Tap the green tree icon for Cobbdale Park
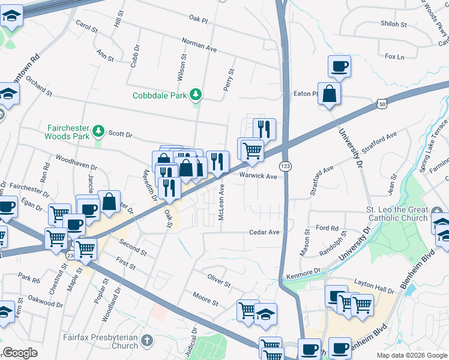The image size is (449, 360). click(195, 94)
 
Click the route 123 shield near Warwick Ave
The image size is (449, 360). click(286, 165)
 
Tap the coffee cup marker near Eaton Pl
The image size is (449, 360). click(339, 67)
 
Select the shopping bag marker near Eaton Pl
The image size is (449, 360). click(329, 94)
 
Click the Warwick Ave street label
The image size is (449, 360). click(258, 176)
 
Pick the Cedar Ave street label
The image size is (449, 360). click(265, 232)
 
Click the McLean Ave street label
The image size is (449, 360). click(221, 202)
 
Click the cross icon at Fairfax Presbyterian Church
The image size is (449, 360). click(148, 340)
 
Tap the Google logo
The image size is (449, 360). click(20, 353)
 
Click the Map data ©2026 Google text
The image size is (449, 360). click(412, 355)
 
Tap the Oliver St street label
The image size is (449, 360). click(219, 280)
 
